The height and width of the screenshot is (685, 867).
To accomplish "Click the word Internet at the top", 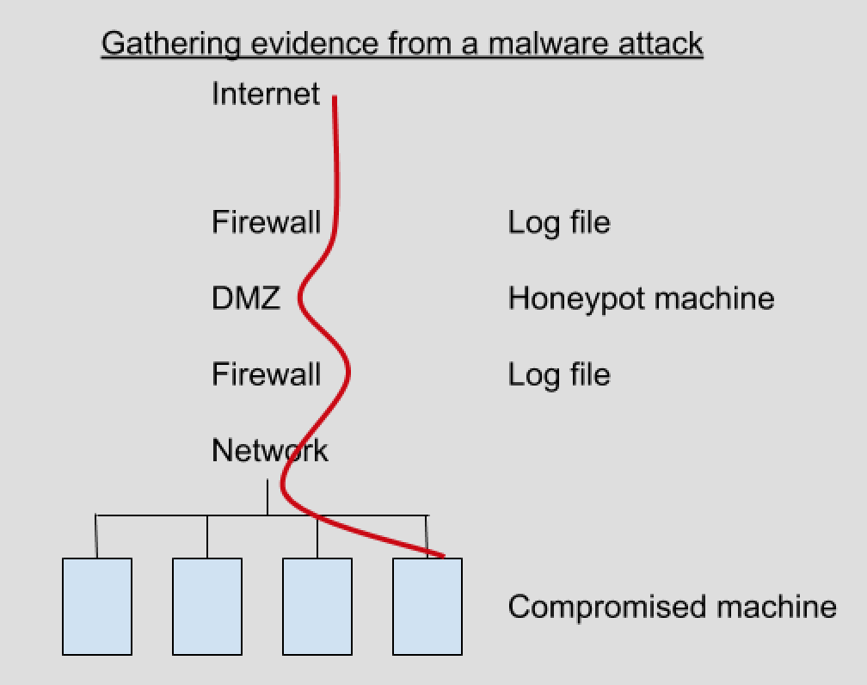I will (x=265, y=93).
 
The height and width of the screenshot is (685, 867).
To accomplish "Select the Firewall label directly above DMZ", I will (x=266, y=222).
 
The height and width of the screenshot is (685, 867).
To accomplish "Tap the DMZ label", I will (x=246, y=299).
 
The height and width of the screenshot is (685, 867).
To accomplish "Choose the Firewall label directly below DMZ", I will (x=266, y=374).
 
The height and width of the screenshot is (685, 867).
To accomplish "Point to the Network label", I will (x=269, y=450).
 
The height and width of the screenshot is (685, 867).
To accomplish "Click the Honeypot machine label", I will (x=641, y=299).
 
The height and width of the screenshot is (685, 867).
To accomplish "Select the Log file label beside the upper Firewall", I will (x=559, y=222).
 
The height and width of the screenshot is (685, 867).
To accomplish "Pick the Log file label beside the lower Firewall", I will (x=559, y=374).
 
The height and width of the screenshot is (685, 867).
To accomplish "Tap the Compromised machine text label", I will (x=672, y=607).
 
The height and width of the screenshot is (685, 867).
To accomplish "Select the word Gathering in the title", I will (x=170, y=43).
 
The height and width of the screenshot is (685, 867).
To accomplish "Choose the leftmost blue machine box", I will (x=97, y=607).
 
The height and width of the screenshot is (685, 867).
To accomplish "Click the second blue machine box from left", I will (x=207, y=607).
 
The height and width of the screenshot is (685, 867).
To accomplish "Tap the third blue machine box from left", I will (x=317, y=607).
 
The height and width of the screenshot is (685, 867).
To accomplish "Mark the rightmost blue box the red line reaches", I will (x=427, y=607).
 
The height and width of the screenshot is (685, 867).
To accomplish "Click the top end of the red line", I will (x=335, y=99).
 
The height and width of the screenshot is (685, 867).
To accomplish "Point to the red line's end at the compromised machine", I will (x=442, y=556).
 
